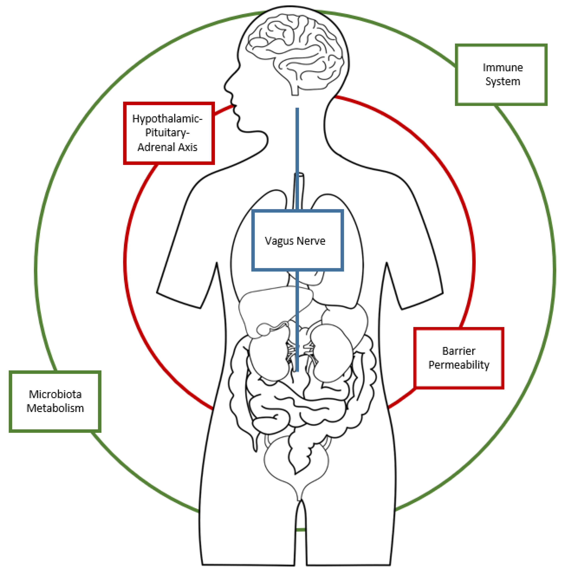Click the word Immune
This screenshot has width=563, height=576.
click(x=502, y=67)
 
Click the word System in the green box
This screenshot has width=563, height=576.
click(x=502, y=81)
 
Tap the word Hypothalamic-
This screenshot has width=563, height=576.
click(x=167, y=119)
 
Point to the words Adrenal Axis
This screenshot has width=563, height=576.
click(x=167, y=147)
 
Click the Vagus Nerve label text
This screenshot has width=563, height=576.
click(x=295, y=241)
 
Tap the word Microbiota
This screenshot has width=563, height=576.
click(x=55, y=394)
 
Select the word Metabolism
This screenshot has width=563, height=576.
click(x=55, y=408)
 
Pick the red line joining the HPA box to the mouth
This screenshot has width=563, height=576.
click(x=223, y=109)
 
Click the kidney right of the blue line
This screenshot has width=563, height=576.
click(x=331, y=352)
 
